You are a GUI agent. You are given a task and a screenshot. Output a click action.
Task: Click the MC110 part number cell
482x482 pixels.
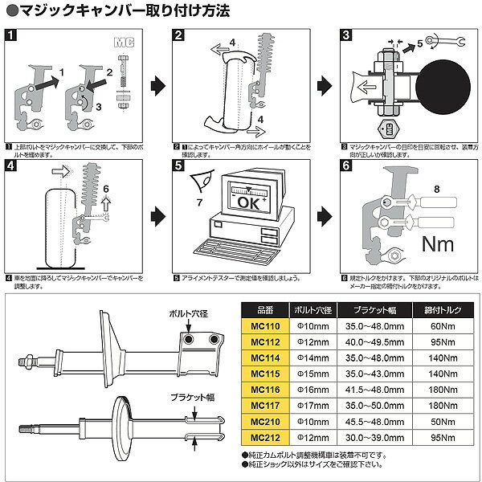[x=267, y=326]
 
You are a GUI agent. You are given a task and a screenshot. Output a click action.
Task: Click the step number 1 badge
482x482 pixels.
[x=9, y=35]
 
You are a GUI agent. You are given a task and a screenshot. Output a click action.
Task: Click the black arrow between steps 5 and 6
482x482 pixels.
[x=325, y=215]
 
